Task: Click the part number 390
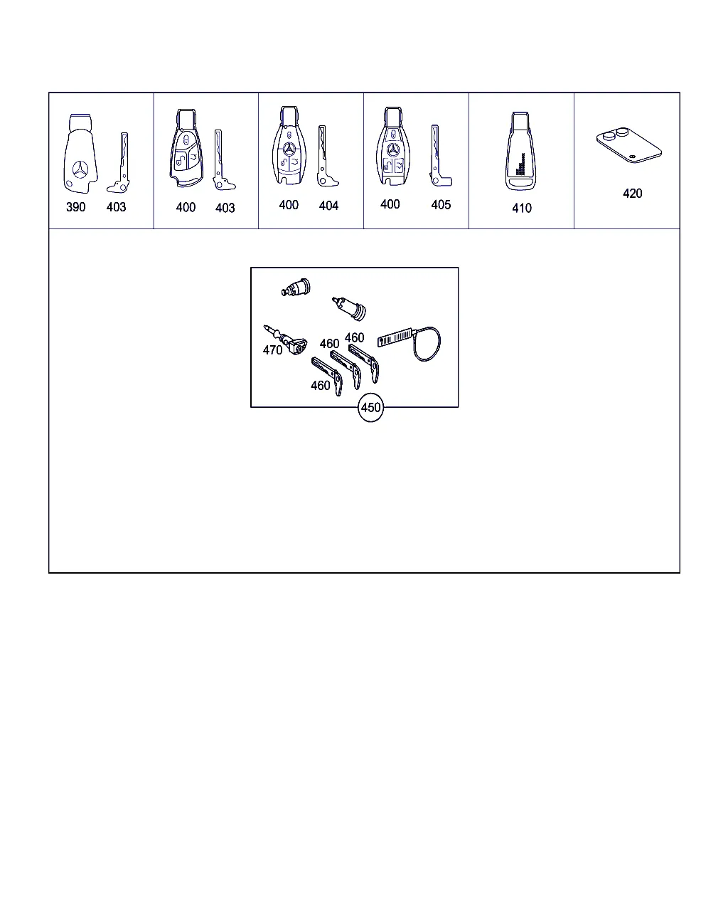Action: point(76,207)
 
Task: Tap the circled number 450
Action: point(370,407)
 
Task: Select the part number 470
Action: point(272,350)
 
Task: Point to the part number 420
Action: point(633,194)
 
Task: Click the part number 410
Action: point(522,209)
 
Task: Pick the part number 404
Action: point(328,206)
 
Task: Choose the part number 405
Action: point(441,205)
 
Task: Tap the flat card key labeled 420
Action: point(629,144)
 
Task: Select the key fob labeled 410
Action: point(520,151)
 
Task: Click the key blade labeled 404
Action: point(326,156)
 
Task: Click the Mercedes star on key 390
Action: point(81,171)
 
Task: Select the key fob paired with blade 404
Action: point(289,145)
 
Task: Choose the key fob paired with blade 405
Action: point(393,146)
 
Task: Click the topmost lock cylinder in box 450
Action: point(296,288)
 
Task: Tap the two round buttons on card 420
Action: point(616,134)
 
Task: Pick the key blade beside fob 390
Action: point(119,163)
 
